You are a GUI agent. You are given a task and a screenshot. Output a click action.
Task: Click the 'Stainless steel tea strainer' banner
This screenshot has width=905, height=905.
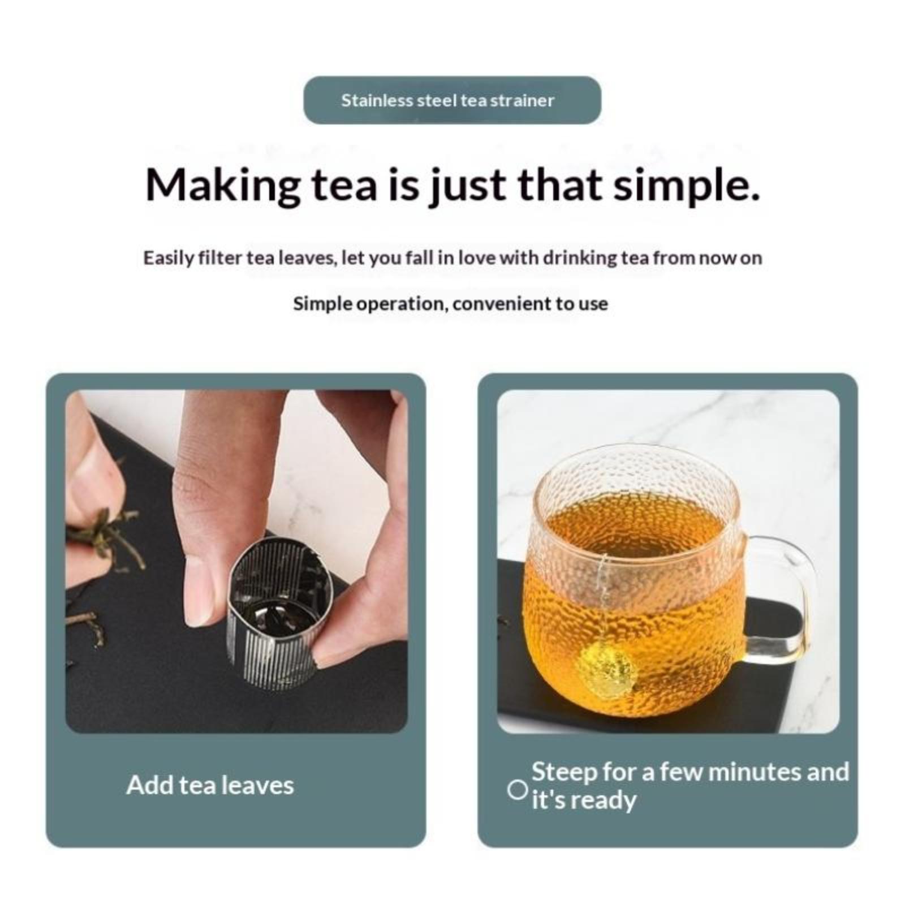tap(452, 100)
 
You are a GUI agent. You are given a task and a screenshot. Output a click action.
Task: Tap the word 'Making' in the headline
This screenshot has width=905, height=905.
tap(223, 186)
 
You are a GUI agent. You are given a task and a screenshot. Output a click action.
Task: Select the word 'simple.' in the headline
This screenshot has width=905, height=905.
tap(686, 186)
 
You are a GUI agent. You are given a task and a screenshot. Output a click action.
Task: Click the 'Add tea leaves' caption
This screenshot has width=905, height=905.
tap(210, 785)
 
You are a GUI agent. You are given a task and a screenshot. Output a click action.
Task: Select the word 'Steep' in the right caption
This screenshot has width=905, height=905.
tap(563, 772)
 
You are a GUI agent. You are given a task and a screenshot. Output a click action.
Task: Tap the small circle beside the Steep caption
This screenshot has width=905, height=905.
tap(517, 790)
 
